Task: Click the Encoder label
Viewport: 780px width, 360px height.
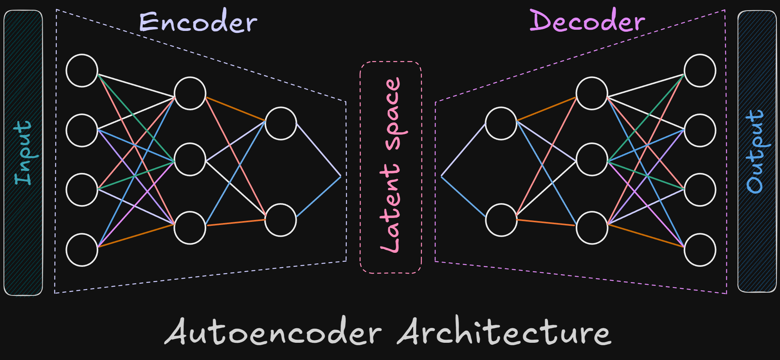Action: pyautogui.click(x=198, y=22)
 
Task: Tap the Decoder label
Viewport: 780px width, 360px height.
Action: pyautogui.click(x=587, y=20)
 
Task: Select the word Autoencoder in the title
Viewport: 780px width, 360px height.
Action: pyautogui.click(x=273, y=332)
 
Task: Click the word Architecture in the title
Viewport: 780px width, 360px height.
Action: pyautogui.click(x=505, y=332)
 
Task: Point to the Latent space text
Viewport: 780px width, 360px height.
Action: pyautogui.click(x=391, y=165)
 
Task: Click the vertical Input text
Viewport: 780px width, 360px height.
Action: pyautogui.click(x=23, y=153)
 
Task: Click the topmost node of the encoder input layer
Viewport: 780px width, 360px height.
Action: pyautogui.click(x=82, y=70)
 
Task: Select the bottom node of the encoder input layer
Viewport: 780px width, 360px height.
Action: pyautogui.click(x=82, y=250)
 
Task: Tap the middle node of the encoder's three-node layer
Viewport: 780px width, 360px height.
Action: pyautogui.click(x=190, y=160)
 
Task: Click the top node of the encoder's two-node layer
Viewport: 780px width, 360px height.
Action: pyautogui.click(x=281, y=123)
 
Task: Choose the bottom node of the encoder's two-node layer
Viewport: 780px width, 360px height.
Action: pyautogui.click(x=281, y=220)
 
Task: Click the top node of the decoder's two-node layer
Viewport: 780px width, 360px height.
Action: pyautogui.click(x=501, y=123)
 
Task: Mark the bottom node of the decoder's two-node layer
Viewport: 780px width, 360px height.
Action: pyautogui.click(x=501, y=220)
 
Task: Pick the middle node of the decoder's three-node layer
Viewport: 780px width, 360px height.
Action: pyautogui.click(x=592, y=160)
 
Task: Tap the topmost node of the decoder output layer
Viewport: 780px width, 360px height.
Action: pyautogui.click(x=700, y=70)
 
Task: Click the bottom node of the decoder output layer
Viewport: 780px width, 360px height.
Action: pyautogui.click(x=700, y=250)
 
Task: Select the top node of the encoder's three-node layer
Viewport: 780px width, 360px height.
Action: pyautogui.click(x=190, y=93)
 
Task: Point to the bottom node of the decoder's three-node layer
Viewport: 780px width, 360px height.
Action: pyautogui.click(x=592, y=228)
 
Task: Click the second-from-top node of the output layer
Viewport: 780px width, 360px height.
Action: pyautogui.click(x=700, y=130)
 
